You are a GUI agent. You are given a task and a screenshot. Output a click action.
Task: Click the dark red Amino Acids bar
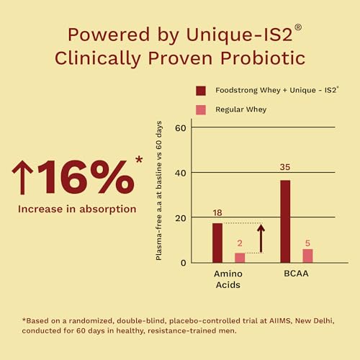217,243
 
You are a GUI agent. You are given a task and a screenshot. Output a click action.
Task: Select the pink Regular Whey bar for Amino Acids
240,258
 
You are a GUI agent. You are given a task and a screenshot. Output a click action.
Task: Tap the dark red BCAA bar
285,222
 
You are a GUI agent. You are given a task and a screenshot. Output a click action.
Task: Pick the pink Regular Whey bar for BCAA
307,256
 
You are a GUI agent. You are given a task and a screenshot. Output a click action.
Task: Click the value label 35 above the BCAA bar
285,167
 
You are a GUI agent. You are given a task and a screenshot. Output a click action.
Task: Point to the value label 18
217,213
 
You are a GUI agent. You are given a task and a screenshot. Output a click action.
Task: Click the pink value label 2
240,243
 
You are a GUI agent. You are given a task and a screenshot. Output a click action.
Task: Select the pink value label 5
307,243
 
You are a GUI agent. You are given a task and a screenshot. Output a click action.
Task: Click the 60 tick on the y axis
181,128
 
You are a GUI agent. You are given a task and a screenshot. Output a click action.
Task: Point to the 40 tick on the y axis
181,174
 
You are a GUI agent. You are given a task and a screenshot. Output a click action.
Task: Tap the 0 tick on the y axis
184,263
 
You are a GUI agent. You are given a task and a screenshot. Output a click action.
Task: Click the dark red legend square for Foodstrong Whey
201,91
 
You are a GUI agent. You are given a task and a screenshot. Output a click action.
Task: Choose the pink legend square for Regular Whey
201,110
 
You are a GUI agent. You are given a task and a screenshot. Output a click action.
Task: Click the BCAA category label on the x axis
296,274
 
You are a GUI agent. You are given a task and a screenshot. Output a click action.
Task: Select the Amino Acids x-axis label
228,279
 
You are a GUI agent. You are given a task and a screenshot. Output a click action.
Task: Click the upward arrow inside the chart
261,238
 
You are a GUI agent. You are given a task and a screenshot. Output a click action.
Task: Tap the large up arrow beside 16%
22,177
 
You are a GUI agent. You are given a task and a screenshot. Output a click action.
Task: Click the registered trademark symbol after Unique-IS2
298,27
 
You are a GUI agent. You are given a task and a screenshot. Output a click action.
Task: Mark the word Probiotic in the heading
263,58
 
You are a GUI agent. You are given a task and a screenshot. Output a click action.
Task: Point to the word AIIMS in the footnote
280,320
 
